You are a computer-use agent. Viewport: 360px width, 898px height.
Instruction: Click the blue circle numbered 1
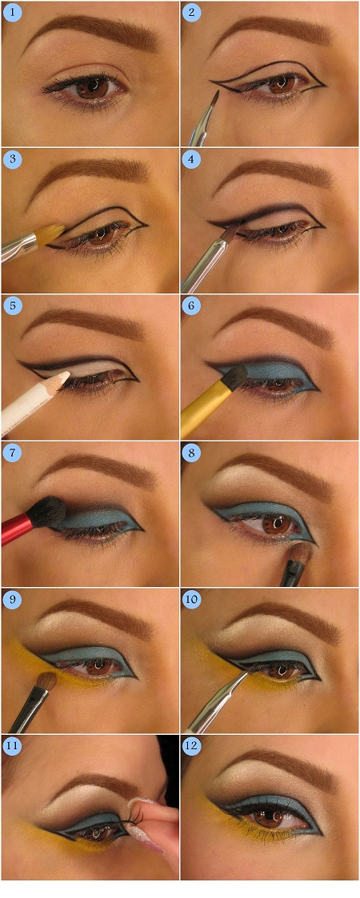[x=13, y=13]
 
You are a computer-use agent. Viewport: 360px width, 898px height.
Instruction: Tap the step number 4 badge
[x=192, y=159]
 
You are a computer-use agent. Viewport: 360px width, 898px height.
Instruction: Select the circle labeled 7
[x=13, y=453]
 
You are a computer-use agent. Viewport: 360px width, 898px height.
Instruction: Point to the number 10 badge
[x=192, y=600]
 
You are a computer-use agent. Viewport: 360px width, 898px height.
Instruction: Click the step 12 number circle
[x=192, y=747]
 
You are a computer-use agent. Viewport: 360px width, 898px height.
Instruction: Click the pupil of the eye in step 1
[x=92, y=87]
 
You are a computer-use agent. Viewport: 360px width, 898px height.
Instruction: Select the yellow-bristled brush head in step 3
[x=48, y=233]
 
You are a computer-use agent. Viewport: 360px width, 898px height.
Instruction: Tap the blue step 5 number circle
[x=13, y=306]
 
